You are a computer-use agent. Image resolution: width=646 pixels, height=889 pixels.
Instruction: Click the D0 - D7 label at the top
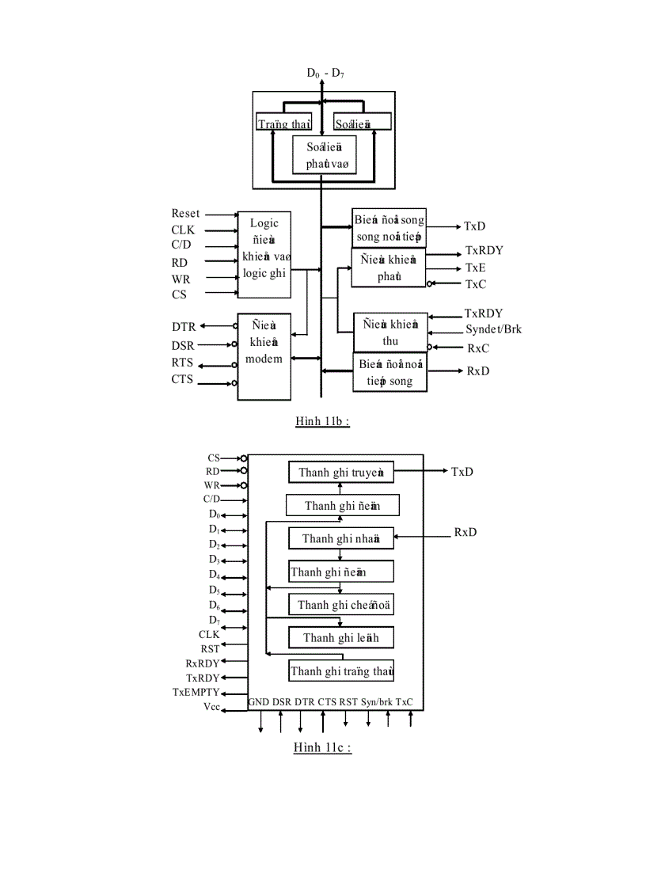click(x=325, y=73)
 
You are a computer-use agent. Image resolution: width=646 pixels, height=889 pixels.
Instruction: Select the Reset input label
click(x=185, y=214)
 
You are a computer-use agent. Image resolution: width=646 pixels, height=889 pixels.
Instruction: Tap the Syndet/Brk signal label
click(x=493, y=329)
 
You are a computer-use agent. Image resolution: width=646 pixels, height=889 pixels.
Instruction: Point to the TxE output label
click(x=475, y=268)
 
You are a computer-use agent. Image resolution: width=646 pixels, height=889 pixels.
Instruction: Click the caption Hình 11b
click(x=322, y=421)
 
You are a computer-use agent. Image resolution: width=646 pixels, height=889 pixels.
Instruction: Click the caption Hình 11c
click(x=321, y=748)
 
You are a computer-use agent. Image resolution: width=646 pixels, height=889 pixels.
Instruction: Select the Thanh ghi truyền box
click(x=341, y=473)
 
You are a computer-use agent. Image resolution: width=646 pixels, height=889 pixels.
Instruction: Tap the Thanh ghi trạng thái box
click(x=341, y=671)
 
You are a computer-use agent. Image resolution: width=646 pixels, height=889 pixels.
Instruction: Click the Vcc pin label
click(x=211, y=706)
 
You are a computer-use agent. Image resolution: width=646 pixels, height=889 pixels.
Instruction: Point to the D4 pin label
click(x=214, y=575)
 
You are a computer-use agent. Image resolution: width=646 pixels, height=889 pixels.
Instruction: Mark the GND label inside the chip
click(x=259, y=701)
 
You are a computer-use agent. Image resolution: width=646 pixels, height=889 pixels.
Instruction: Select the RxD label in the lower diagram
click(x=465, y=532)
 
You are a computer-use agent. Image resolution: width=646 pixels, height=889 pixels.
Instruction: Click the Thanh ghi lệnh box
click(x=341, y=638)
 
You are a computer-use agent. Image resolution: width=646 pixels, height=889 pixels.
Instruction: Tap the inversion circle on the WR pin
click(x=244, y=485)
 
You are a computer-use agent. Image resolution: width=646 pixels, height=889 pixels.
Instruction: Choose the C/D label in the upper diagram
click(x=181, y=245)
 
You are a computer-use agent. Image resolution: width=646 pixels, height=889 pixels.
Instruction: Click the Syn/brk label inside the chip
click(x=376, y=701)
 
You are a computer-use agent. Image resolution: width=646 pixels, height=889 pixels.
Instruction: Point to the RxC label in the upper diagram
click(x=478, y=348)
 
